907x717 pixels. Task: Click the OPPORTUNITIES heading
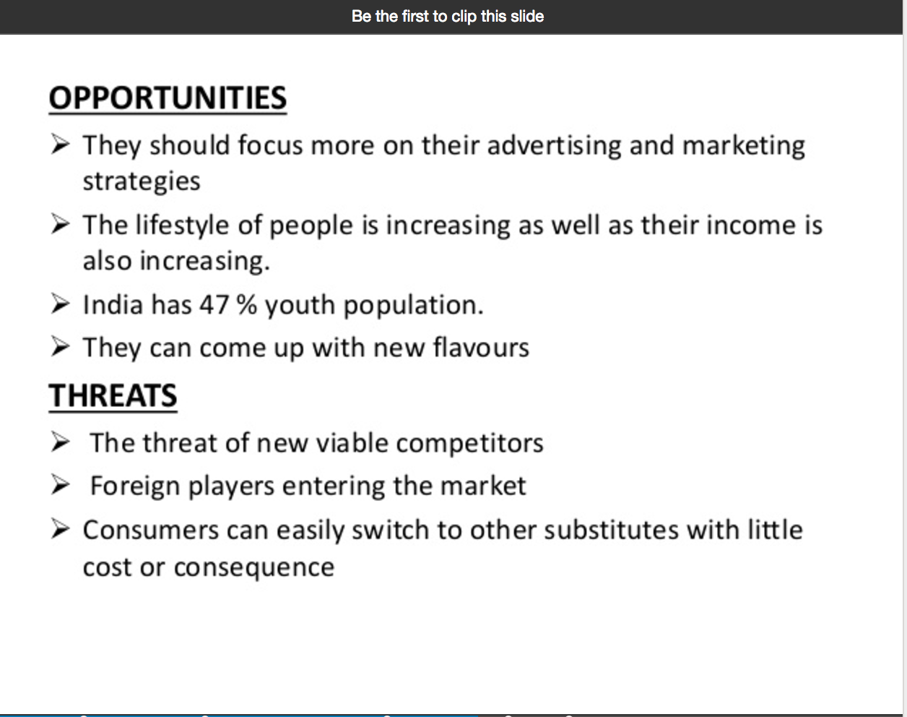coord(168,98)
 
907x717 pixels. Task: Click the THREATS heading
coord(113,396)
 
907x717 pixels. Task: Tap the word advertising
coord(554,146)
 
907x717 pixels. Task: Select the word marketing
coord(744,146)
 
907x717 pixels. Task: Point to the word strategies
coord(142,182)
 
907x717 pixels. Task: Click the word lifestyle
coord(182,226)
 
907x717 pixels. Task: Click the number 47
coord(214,305)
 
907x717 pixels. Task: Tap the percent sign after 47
coord(246,305)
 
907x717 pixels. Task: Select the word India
coord(113,305)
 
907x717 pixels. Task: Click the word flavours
coord(481,348)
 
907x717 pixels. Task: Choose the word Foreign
coord(135,486)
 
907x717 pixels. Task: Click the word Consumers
coord(151,530)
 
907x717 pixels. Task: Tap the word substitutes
coord(611,530)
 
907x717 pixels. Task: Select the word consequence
coord(254,568)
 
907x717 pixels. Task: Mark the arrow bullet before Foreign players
coord(60,485)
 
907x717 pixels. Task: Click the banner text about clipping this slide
coord(448,17)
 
